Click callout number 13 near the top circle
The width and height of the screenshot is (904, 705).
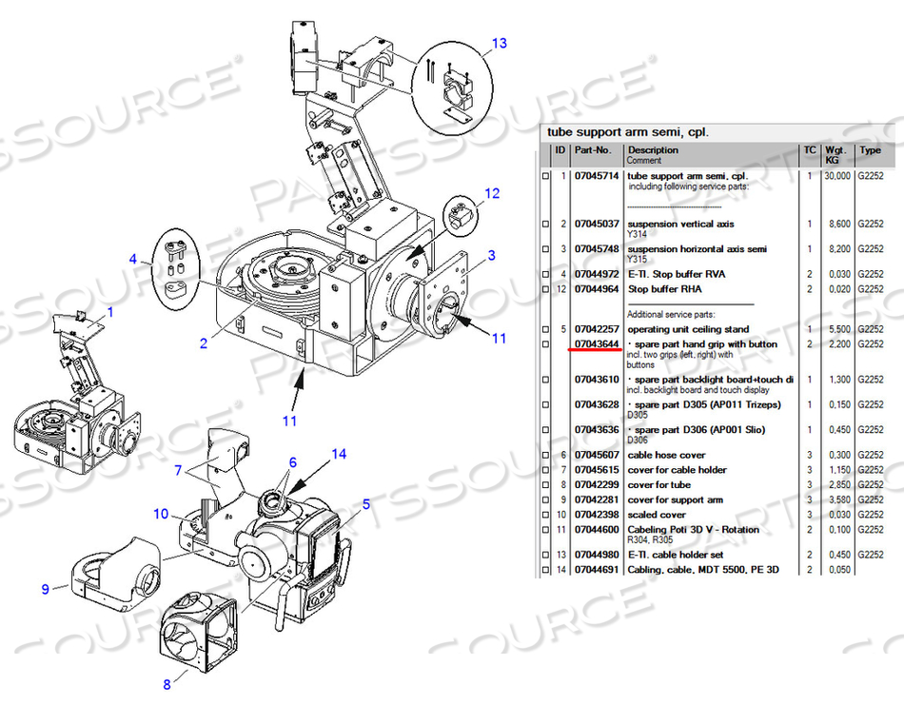click(500, 44)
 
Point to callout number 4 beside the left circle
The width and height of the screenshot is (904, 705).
click(133, 258)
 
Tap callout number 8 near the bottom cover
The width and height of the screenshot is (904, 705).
click(167, 682)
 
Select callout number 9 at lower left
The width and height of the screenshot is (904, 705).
click(45, 589)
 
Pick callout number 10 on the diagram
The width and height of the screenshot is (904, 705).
click(162, 515)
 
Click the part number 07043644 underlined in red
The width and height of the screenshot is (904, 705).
click(597, 343)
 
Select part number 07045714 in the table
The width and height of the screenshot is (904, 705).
click(597, 176)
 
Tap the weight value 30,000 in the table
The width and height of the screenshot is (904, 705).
click(836, 176)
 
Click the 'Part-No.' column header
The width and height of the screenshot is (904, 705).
click(592, 150)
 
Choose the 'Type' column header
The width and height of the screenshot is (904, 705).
click(871, 150)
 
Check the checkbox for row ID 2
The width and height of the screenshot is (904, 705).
click(545, 225)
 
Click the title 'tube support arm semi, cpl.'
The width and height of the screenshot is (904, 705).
click(627, 131)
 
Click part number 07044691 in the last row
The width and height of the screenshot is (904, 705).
click(597, 569)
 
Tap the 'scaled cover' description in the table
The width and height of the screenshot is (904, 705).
click(657, 515)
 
